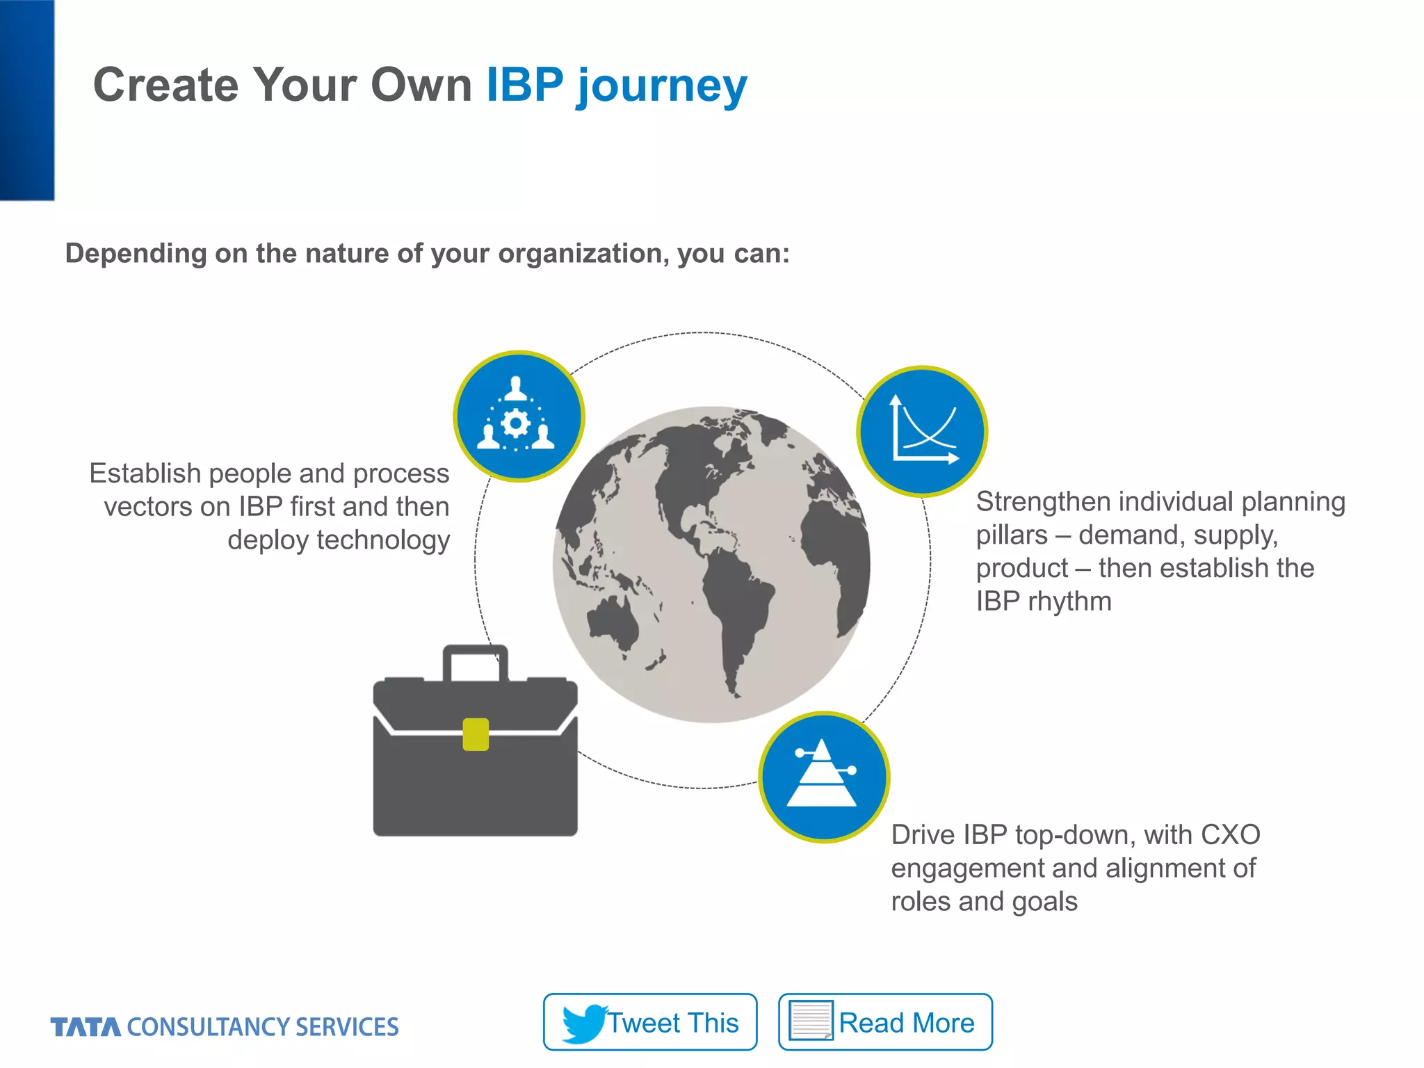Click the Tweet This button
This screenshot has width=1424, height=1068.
pos(649,1021)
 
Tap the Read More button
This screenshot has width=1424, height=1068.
pos(884,1021)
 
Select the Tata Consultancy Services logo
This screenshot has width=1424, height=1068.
pos(225,1027)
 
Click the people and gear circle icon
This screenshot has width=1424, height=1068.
pos(519,416)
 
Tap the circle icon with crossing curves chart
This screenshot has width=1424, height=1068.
pos(922,431)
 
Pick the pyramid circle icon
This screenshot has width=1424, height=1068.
pos(824,777)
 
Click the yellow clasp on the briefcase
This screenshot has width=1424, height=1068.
pos(476,734)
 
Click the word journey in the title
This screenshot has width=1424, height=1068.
pos(661,86)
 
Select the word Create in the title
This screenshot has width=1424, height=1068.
pos(166,86)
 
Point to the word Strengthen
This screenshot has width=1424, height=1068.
pos(1043,502)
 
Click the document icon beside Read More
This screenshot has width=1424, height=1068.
pos(811,1021)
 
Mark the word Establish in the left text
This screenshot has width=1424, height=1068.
pos(145,474)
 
